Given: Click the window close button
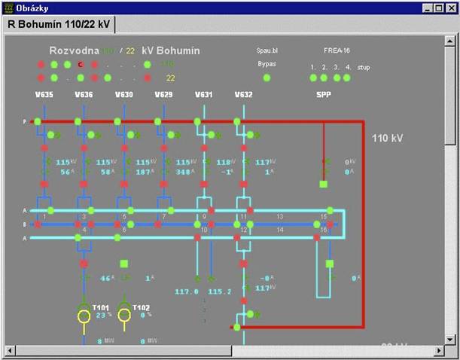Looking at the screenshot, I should pyautogui.click(x=450, y=8).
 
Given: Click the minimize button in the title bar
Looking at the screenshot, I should pyautogui.click(x=428, y=8).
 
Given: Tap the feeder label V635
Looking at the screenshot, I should pyautogui.click(x=44, y=96).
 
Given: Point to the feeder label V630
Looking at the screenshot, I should pyautogui.click(x=124, y=96).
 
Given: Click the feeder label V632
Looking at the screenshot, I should pyautogui.click(x=243, y=96).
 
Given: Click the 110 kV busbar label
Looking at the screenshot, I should pyautogui.click(x=389, y=139).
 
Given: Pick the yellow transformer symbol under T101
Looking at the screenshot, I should pyautogui.click(x=84, y=316).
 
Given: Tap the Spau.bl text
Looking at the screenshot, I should pyautogui.click(x=267, y=51).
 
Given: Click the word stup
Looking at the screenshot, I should pyautogui.click(x=364, y=67).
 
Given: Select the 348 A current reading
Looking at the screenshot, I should pyautogui.click(x=184, y=172).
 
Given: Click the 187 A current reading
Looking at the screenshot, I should pyautogui.click(x=144, y=172).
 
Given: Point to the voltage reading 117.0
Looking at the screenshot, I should pyautogui.click(x=186, y=291).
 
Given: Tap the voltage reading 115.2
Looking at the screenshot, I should pyautogui.click(x=219, y=291).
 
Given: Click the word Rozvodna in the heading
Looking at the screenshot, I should pyautogui.click(x=73, y=50).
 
